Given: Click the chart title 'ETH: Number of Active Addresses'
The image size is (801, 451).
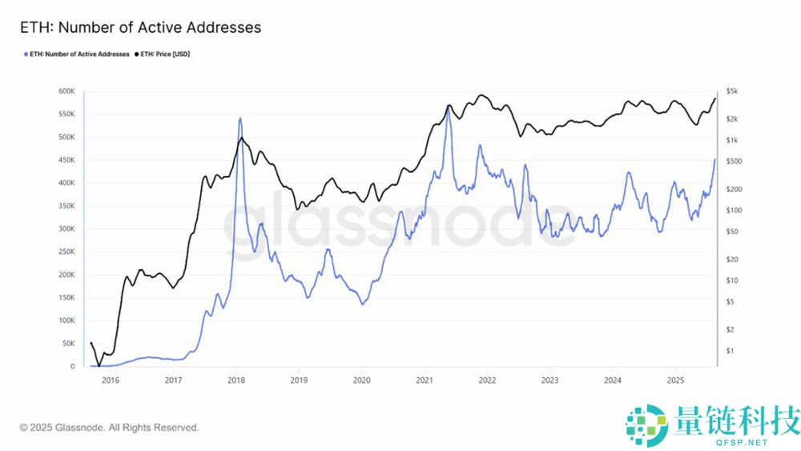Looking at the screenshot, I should click(x=140, y=27).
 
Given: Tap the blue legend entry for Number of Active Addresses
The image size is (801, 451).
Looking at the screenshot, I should click(x=78, y=54).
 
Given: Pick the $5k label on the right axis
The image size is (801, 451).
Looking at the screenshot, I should click(x=731, y=92).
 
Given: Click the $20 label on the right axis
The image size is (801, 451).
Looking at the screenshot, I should click(x=731, y=259).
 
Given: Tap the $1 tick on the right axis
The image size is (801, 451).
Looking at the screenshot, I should click(x=729, y=351).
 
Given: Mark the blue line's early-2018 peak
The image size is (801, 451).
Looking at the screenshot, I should click(x=240, y=119).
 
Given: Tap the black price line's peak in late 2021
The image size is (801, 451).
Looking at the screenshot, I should click(x=481, y=95).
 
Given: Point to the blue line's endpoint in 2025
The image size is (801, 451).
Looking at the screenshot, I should click(x=715, y=159).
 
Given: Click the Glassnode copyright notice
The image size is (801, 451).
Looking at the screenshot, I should click(x=109, y=428).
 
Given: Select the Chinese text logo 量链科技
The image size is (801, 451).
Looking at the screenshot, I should click(x=737, y=420).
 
